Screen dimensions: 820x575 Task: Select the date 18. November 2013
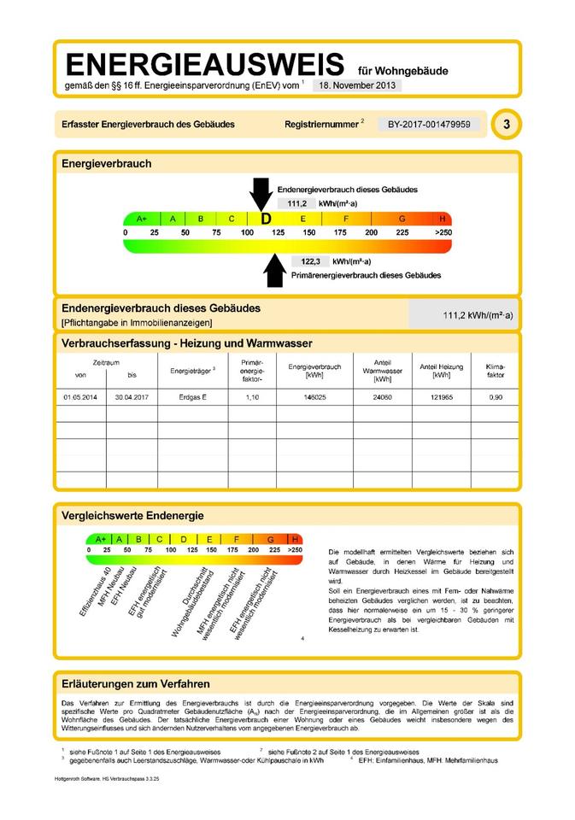355,85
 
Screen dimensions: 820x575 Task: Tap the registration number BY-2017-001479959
429,125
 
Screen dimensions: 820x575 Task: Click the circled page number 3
507,125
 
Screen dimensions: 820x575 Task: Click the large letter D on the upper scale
266,219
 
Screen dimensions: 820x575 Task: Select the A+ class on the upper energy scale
142,219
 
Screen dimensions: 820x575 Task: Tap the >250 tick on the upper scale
443,232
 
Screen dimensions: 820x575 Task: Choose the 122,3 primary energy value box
310,261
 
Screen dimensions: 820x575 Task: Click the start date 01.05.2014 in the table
80,398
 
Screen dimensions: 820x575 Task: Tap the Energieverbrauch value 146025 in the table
314,398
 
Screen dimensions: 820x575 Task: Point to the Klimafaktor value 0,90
496,398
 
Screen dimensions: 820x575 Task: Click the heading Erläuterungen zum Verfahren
136,684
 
